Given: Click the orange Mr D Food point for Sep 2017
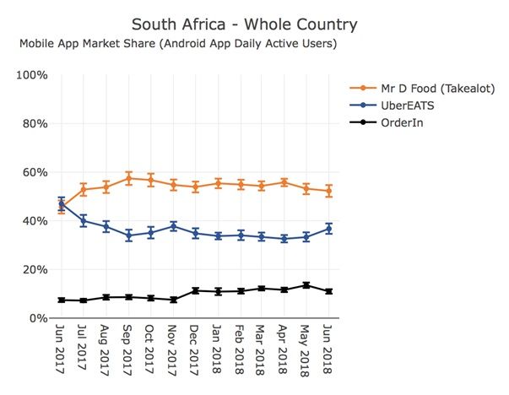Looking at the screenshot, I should pos(129,178).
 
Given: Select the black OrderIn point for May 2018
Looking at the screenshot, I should pos(306,285).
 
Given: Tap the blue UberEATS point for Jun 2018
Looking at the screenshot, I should pos(329,229).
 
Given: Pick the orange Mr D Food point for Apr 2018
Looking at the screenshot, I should pos(284,182).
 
